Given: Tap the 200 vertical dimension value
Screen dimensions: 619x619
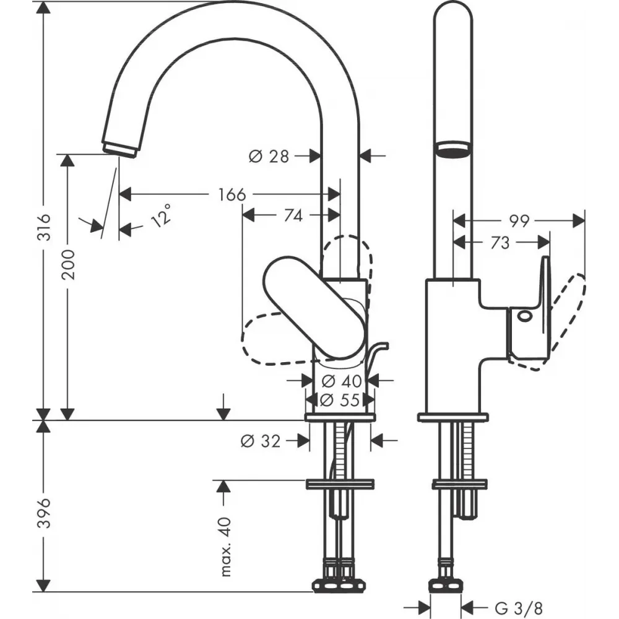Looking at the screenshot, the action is point(69,264).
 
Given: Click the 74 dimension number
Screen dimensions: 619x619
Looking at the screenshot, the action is point(293,215).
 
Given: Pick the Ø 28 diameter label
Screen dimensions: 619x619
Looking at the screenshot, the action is point(269,157).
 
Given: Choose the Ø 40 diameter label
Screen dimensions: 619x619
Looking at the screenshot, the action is point(342,381).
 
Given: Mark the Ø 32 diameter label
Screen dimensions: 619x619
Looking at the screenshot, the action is point(261,441).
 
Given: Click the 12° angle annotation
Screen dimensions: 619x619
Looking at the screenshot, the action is point(162,215).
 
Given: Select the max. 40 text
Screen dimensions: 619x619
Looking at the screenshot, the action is point(225,546).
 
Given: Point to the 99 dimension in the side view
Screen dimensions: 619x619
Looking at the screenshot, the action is point(518,222).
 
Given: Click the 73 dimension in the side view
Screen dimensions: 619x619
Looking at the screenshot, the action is point(500,243).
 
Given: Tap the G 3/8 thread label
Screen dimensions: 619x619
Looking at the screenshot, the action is point(518,608).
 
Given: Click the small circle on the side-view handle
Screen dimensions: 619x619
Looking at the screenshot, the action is point(524,316).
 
